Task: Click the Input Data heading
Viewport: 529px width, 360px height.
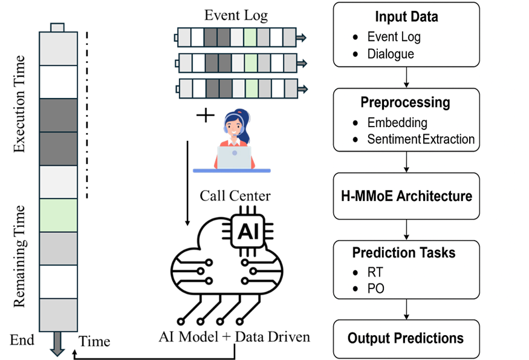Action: [406, 16]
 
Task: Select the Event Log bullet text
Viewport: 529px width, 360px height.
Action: [394, 36]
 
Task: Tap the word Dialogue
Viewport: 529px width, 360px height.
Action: [391, 54]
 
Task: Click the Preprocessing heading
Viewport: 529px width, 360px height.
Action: [405, 102]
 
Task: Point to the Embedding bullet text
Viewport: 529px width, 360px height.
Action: [397, 122]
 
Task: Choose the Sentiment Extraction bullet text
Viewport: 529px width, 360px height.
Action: [421, 139]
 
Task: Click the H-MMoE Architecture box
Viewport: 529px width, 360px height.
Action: [406, 196]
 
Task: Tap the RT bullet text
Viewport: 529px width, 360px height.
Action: [376, 272]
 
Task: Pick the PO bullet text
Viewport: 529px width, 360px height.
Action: [376, 289]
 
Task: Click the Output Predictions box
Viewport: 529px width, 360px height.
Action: [406, 338]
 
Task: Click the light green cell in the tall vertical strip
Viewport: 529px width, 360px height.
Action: [58, 215]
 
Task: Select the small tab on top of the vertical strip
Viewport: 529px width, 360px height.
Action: [57, 27]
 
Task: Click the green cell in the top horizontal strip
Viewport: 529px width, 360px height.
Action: [250, 38]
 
